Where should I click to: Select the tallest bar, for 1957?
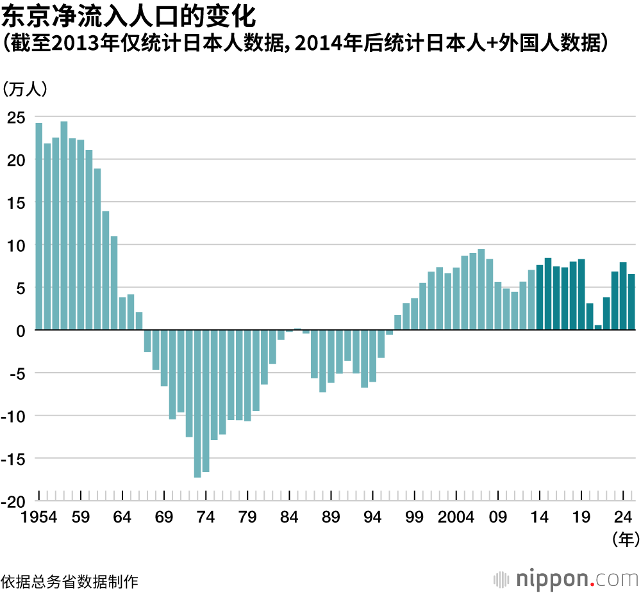pyautogui.click(x=64, y=225)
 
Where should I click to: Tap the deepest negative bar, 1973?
pyautogui.click(x=197, y=403)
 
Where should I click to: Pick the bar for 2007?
pyautogui.click(x=481, y=289)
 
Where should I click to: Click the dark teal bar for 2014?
pyautogui.click(x=540, y=298)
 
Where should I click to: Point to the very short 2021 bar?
pyautogui.click(x=598, y=327)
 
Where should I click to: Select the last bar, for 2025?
pyautogui.click(x=631, y=302)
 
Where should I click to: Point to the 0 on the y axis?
pyautogui.click(x=21, y=330)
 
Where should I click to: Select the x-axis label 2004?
pyautogui.click(x=456, y=517)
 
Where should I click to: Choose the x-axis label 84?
pyautogui.click(x=289, y=517)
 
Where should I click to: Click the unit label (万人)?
pyautogui.click(x=26, y=90)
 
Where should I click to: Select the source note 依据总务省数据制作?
pyautogui.click(x=69, y=581)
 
